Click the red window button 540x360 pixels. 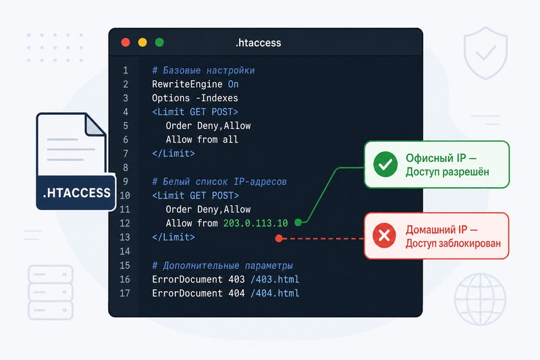point(126,43)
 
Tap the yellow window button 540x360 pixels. point(142,43)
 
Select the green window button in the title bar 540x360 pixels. point(159,43)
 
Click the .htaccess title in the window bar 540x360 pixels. point(259,43)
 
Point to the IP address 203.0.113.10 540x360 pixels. point(256,224)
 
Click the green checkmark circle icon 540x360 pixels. point(385,164)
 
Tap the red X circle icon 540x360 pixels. point(384,236)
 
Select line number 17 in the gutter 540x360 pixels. point(125,293)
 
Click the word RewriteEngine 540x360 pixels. point(188,84)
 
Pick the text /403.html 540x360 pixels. point(275,279)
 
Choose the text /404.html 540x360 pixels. point(275,293)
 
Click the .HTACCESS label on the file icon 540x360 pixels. point(77,192)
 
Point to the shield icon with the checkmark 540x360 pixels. point(485,53)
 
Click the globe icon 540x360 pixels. point(480,299)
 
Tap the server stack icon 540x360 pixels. point(51,292)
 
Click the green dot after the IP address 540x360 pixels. point(298,222)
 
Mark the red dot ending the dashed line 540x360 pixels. point(279,238)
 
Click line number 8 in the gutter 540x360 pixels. point(126,168)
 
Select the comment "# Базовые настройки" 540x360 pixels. point(204,70)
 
